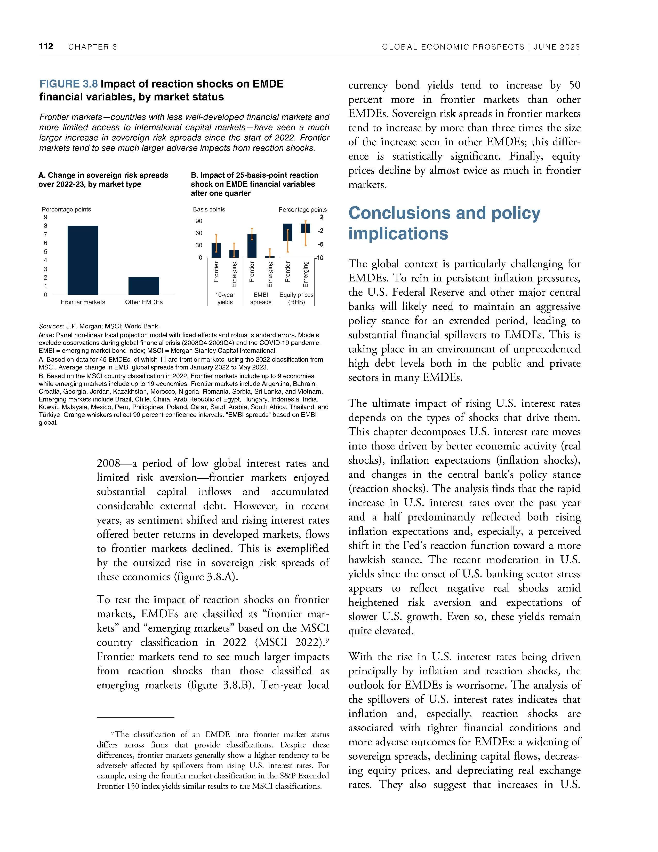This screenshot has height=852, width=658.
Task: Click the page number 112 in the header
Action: click(46, 46)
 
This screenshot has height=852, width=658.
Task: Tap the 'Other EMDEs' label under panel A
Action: click(144, 302)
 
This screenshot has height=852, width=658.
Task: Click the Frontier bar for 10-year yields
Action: click(216, 250)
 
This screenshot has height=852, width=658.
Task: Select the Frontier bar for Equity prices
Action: click(288, 233)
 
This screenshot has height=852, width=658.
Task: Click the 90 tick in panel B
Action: click(199, 221)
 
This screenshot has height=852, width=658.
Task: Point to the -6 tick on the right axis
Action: click(320, 244)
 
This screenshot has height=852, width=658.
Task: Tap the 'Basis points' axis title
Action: click(209, 209)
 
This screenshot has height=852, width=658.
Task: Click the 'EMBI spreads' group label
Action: click(261, 298)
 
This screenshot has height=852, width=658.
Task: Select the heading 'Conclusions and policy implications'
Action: click(444, 223)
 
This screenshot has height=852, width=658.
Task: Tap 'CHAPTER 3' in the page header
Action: click(93, 47)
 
